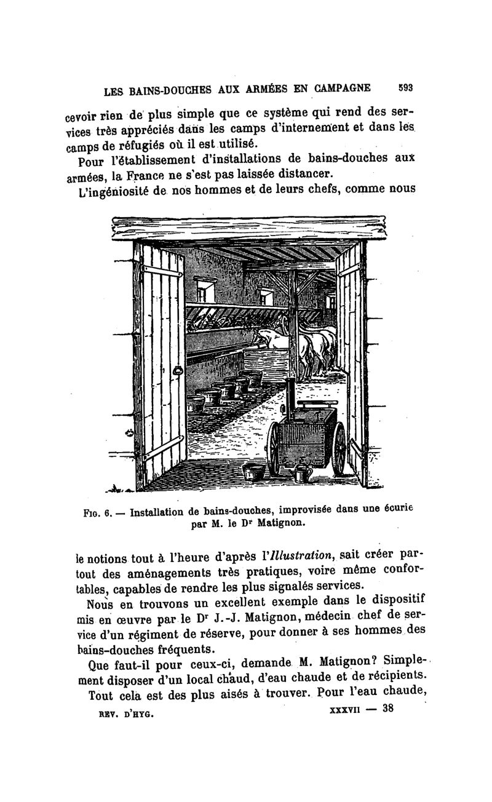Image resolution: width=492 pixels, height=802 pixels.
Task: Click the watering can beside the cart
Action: point(302,472)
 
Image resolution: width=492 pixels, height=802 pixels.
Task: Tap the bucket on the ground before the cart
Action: point(253,472)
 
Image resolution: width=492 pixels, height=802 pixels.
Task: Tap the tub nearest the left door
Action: point(194,404)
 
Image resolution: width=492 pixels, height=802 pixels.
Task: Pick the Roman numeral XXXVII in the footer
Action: point(341,709)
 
